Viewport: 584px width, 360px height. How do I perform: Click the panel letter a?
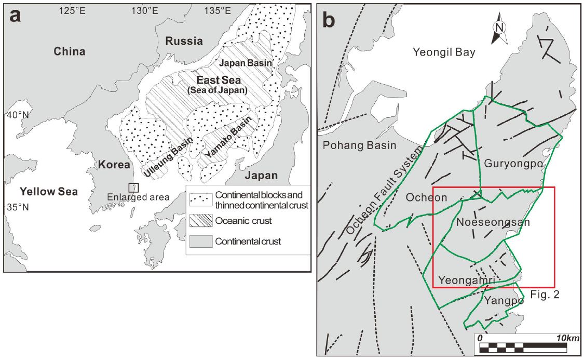coord(15,16)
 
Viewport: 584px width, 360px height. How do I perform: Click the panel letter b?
coord(329,19)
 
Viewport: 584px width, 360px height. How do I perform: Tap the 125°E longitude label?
coord(72,10)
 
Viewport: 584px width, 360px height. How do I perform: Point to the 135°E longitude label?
coord(218,10)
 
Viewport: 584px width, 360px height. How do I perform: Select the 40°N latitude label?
coord(18,115)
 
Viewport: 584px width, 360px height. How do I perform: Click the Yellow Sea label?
coord(49,192)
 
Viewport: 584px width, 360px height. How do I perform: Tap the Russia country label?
coord(184,41)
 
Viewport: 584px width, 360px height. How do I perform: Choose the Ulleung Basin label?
coord(168,156)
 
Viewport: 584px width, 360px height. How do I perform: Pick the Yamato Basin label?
coord(228,137)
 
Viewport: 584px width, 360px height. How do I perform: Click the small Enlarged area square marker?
coord(134,188)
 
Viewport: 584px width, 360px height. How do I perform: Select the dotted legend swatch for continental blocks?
coord(201,200)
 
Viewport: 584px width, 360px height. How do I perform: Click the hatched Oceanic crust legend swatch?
coord(201,221)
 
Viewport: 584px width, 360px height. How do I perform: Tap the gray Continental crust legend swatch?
coord(201,241)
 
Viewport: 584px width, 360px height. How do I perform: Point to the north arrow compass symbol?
coord(499,28)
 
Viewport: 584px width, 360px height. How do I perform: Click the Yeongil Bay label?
coord(444,52)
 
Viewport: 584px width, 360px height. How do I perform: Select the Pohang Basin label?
coord(359,145)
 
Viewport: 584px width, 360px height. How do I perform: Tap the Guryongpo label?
coord(513,163)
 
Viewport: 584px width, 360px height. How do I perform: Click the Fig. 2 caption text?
coord(545,295)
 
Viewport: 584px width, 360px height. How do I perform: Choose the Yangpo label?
coord(504,300)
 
